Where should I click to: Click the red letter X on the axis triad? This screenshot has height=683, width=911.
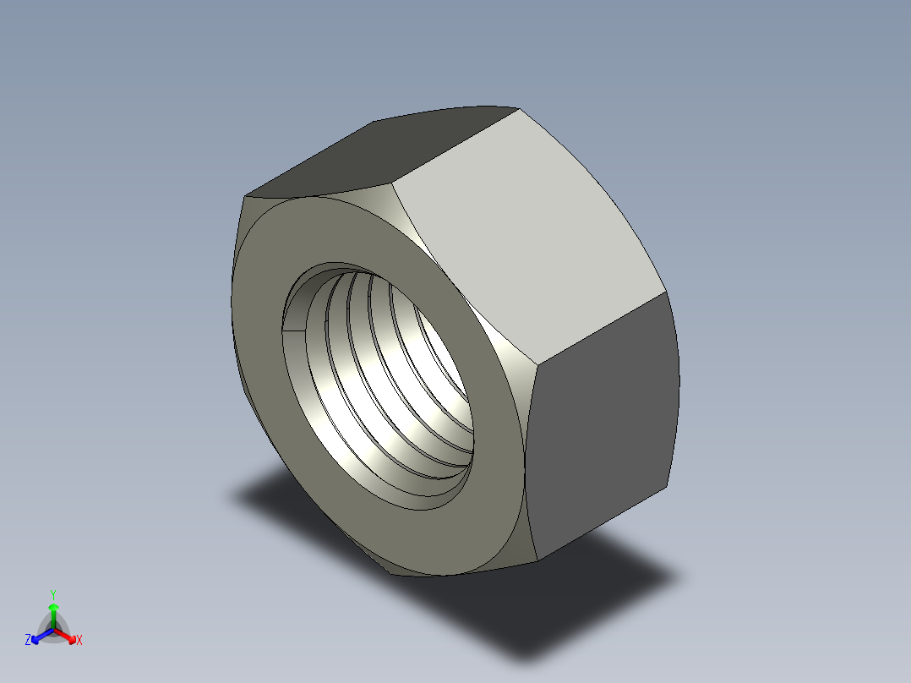click(x=79, y=641)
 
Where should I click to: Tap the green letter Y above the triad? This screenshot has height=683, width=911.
click(x=52, y=593)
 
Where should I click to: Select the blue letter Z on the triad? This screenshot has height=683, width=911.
click(x=28, y=641)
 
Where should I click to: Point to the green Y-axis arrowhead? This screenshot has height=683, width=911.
click(x=52, y=608)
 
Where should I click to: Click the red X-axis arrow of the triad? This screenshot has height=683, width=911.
click(x=68, y=636)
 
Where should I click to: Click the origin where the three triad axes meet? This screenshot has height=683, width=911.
click(x=53, y=629)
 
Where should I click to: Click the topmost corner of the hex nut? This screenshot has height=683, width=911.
click(x=517, y=107)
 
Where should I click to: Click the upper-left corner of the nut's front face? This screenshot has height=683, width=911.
click(x=245, y=199)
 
